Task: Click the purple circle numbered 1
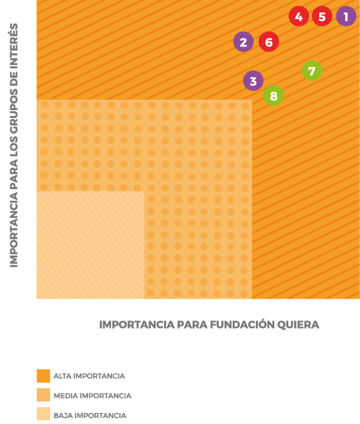(346, 16)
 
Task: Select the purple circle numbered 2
(243, 41)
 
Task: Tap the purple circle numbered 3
(253, 81)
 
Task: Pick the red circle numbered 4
(299, 16)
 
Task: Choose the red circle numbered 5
(322, 16)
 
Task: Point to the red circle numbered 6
(269, 41)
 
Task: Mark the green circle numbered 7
(312, 71)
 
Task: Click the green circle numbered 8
(274, 95)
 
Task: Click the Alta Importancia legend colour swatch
(44, 376)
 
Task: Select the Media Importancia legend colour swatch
(44, 394)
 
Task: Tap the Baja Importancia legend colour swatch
(44, 414)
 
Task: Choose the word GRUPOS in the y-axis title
(14, 113)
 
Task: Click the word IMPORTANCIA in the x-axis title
(137, 324)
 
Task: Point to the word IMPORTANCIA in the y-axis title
(14, 230)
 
